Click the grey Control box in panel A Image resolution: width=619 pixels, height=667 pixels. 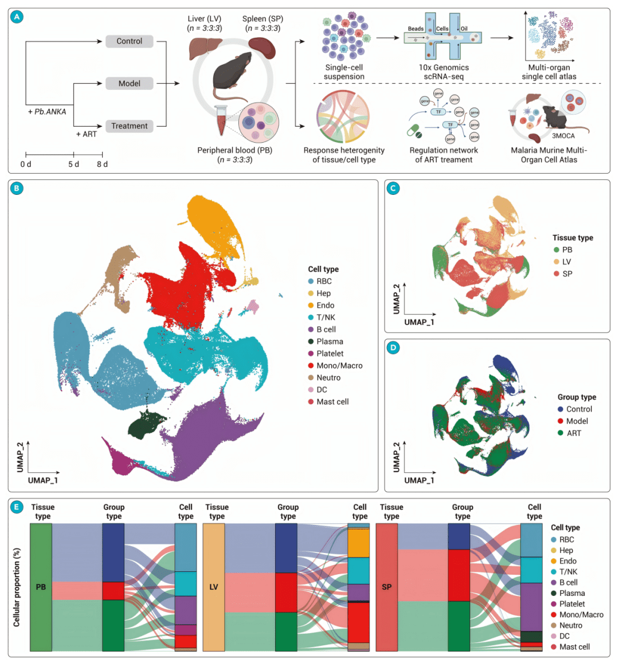point(130,41)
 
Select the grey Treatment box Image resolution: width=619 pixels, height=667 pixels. point(130,126)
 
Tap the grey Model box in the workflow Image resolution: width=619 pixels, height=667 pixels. point(130,84)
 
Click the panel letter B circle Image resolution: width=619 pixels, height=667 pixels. point(18,189)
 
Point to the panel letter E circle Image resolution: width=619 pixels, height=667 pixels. point(18,507)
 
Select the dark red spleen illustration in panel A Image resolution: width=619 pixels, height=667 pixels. point(261,48)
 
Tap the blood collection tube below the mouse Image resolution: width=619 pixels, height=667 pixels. point(221,120)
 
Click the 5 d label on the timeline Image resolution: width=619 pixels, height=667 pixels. point(74,164)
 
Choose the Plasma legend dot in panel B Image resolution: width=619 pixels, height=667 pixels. point(311,342)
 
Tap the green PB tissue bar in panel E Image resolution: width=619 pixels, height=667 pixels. point(41,587)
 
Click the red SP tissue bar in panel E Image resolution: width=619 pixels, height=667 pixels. point(387,587)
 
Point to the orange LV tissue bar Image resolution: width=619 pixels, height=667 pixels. point(214,587)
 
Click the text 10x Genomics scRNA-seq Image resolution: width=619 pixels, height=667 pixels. point(444,72)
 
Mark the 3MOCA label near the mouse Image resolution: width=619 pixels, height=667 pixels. point(563,136)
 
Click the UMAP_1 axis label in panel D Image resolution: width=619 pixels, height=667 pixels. point(419,480)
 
